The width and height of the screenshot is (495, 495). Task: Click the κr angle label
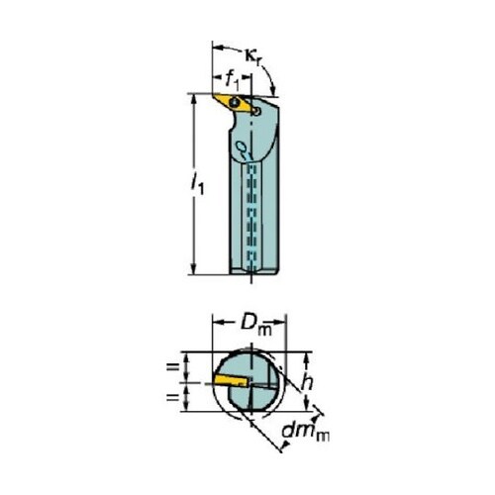click(251, 56)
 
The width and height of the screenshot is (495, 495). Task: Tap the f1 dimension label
click(233, 80)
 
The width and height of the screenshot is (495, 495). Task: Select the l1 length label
click(198, 184)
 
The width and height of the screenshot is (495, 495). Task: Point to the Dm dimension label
click(255, 326)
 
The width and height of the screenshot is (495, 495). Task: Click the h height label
click(307, 382)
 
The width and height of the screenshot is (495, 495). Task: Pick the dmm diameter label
click(306, 432)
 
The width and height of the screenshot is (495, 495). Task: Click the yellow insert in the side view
click(233, 103)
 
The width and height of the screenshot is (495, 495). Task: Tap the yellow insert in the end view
click(231, 380)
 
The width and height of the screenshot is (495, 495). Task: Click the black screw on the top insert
click(236, 101)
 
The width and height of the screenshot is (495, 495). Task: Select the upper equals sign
click(172, 366)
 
